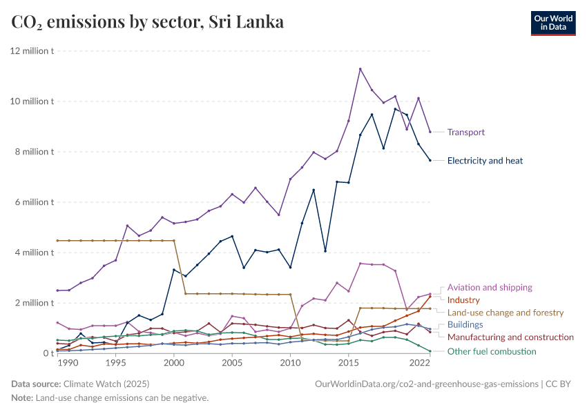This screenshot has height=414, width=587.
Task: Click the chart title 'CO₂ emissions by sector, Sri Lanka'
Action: [x=147, y=22]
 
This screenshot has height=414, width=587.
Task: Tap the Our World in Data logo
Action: [x=552, y=23]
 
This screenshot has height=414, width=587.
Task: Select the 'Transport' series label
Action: [x=465, y=132]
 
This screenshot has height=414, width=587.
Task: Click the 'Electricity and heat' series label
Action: [x=485, y=161]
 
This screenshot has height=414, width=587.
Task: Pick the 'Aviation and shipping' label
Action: [x=490, y=287]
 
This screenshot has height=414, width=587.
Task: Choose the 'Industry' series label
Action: [x=463, y=300]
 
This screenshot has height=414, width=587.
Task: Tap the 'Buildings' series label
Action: [x=465, y=324]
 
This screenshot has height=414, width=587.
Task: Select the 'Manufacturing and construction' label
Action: [x=510, y=337]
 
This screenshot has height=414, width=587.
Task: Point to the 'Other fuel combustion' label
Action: [x=491, y=351]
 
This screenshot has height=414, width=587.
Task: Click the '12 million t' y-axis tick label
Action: [x=31, y=51]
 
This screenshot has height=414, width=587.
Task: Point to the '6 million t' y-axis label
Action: [x=33, y=202]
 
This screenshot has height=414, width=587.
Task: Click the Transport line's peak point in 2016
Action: [x=360, y=69]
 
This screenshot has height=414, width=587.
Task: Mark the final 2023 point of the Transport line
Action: [x=430, y=132]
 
